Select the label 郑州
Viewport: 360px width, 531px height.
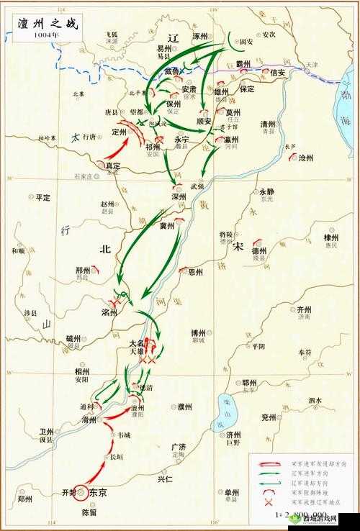(25, 498)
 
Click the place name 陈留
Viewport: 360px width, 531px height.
(88, 512)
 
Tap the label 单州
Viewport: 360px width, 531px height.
(232, 493)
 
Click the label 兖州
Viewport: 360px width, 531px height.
(269, 417)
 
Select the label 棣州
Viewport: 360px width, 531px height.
(331, 237)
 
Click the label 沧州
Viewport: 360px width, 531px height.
(306, 157)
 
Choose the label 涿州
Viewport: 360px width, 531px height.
(200, 35)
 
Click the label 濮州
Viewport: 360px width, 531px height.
(184, 407)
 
